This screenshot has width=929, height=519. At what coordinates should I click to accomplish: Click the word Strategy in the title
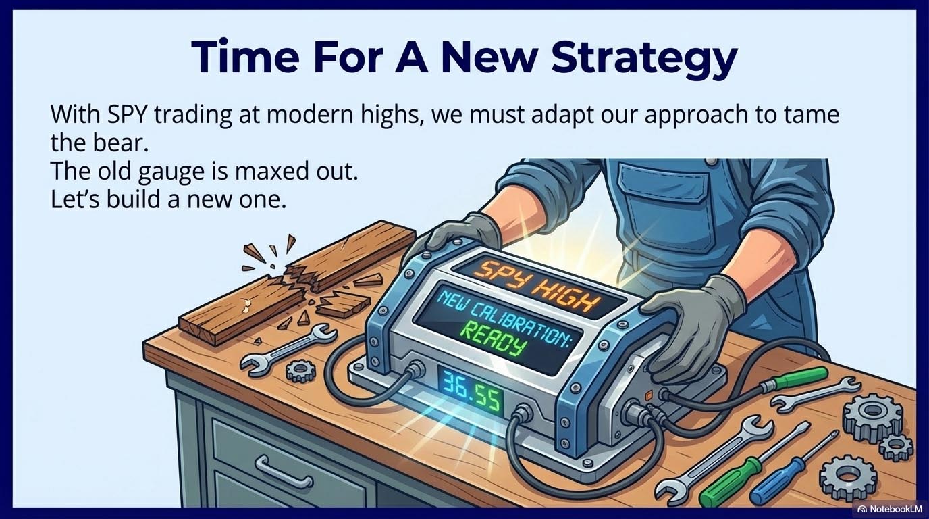tap(645, 57)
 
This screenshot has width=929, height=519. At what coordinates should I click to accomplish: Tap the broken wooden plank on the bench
tap(296, 282)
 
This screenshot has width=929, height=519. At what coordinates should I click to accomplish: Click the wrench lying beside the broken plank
tap(288, 349)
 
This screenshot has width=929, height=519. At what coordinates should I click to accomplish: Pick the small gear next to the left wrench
tap(300, 370)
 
